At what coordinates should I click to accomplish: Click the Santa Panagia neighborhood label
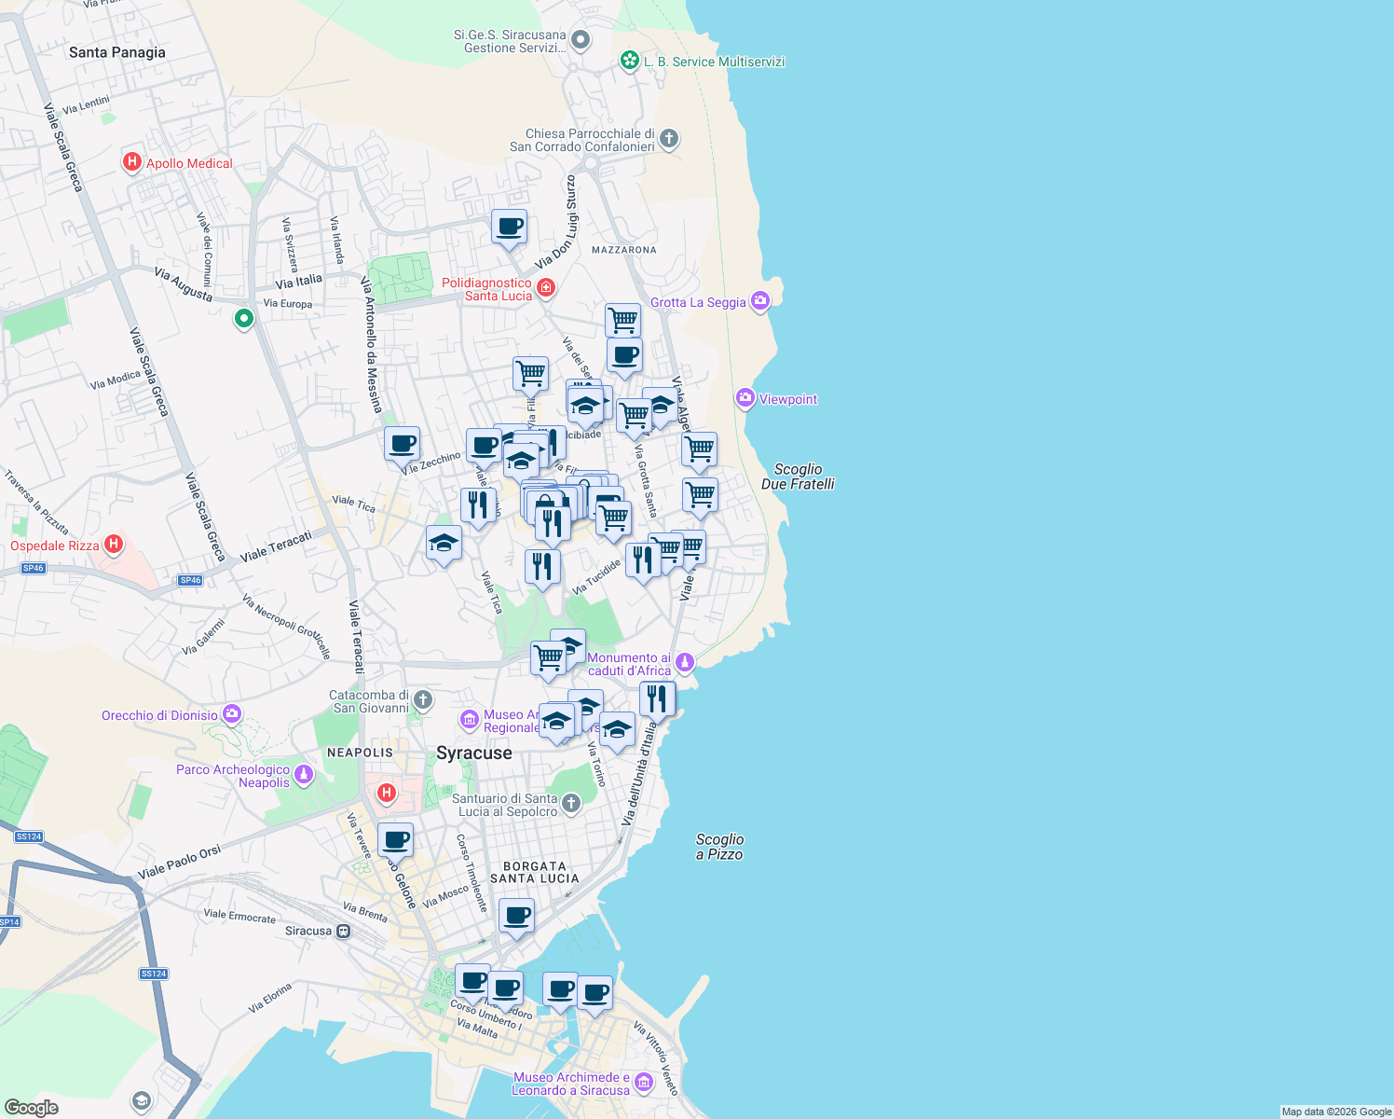(x=117, y=52)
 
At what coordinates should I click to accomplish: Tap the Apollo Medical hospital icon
(x=132, y=162)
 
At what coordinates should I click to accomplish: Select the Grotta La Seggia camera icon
(x=760, y=300)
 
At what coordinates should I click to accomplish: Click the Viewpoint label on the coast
(x=787, y=399)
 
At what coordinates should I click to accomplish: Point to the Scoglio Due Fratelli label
(x=798, y=477)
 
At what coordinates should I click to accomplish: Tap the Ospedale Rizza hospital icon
(x=114, y=544)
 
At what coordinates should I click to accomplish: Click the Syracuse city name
(x=474, y=753)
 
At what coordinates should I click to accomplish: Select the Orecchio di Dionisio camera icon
(x=232, y=714)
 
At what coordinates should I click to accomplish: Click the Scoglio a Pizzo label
(x=719, y=847)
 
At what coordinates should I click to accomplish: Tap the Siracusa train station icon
(x=344, y=931)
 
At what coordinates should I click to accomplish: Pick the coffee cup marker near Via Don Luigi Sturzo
(x=510, y=227)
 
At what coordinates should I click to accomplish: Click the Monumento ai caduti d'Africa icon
(x=685, y=662)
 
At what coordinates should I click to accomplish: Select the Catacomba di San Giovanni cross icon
(x=423, y=699)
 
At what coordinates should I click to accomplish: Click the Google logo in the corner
(x=31, y=1107)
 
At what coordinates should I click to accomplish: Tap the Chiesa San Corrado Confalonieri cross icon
(x=668, y=140)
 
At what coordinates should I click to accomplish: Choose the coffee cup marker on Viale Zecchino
(x=402, y=445)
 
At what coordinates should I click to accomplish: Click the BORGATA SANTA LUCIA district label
(x=535, y=872)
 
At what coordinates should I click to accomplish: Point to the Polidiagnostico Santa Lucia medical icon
(x=546, y=287)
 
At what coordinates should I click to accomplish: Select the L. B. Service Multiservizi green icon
(x=630, y=62)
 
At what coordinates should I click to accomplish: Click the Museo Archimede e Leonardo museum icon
(x=644, y=1084)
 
